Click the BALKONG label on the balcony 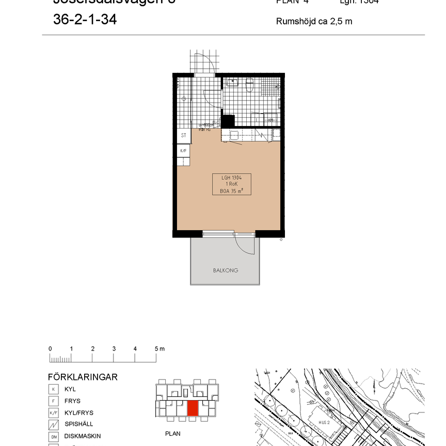[226, 270]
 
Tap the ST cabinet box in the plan [183, 136]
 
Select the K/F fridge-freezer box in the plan [183, 151]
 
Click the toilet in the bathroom [250, 85]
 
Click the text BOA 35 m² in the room [231, 190]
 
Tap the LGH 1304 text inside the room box [231, 177]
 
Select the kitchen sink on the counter [233, 136]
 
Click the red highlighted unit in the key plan [193, 408]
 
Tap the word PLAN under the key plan [172, 434]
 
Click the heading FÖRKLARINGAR [83, 377]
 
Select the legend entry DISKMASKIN [79, 436]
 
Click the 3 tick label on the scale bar [114, 349]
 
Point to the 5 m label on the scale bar [160, 349]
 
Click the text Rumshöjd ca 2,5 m [314, 22]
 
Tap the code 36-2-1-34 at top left [85, 20]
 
